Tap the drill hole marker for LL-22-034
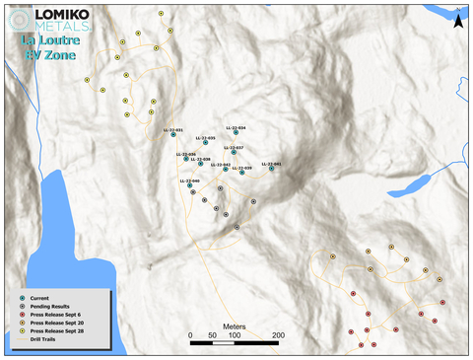click(236, 133)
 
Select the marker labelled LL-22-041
click(272, 169)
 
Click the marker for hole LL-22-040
click(190, 186)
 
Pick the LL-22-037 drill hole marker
click(234, 152)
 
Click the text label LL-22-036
click(186, 154)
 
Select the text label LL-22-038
click(201, 158)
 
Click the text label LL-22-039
click(242, 168)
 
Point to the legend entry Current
click(40, 297)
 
